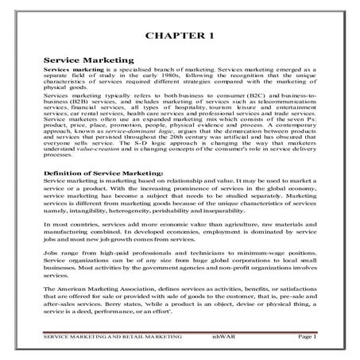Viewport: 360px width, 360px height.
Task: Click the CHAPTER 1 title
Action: [180, 36]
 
